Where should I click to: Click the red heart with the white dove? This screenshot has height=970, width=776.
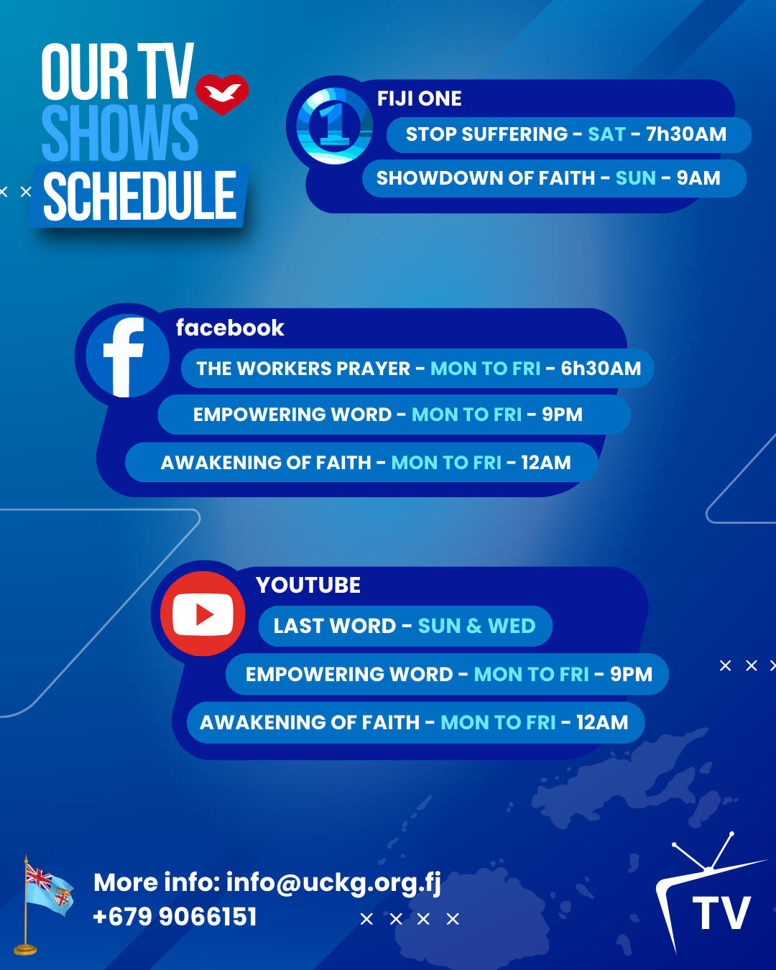pyautogui.click(x=222, y=94)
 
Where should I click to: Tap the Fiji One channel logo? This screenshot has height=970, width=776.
pyautogui.click(x=334, y=125)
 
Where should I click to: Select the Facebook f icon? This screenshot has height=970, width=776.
pyautogui.click(x=127, y=356)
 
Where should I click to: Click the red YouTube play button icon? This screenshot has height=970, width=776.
pyautogui.click(x=203, y=614)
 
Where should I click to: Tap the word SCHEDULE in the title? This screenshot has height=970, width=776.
pyautogui.click(x=140, y=196)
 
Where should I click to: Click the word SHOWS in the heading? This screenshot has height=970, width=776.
pyautogui.click(x=120, y=132)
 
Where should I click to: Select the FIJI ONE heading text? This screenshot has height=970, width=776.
pyautogui.click(x=419, y=98)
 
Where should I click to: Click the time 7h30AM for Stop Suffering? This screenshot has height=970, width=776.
pyautogui.click(x=685, y=134)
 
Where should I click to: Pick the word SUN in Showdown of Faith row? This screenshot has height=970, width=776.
pyautogui.click(x=636, y=178)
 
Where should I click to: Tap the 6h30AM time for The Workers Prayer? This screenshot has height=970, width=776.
pyautogui.click(x=601, y=369)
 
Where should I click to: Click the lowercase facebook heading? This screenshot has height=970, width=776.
pyautogui.click(x=230, y=328)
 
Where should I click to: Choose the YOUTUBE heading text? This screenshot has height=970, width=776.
pyautogui.click(x=308, y=585)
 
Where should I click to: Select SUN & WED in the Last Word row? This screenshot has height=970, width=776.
pyautogui.click(x=476, y=626)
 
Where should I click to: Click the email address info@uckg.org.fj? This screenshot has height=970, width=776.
pyautogui.click(x=333, y=883)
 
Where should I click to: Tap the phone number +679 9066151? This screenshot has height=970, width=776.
pyautogui.click(x=175, y=916)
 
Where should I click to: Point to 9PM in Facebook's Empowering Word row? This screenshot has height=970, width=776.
pyautogui.click(x=563, y=415)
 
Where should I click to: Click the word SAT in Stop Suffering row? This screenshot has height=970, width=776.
pyautogui.click(x=606, y=134)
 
